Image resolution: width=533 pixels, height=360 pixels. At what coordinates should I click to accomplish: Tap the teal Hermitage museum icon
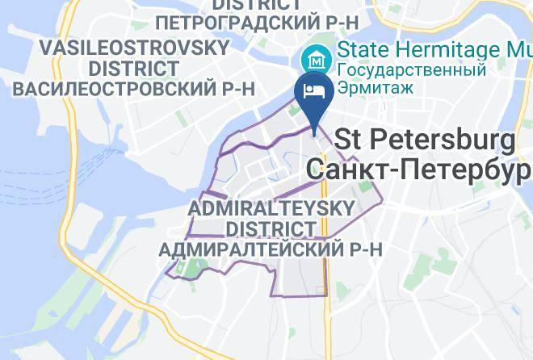(x=313, y=58)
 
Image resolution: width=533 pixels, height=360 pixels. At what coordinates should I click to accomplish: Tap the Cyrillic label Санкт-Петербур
(x=418, y=170)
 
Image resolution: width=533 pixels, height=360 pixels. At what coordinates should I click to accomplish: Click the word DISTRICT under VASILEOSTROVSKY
(x=134, y=68)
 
